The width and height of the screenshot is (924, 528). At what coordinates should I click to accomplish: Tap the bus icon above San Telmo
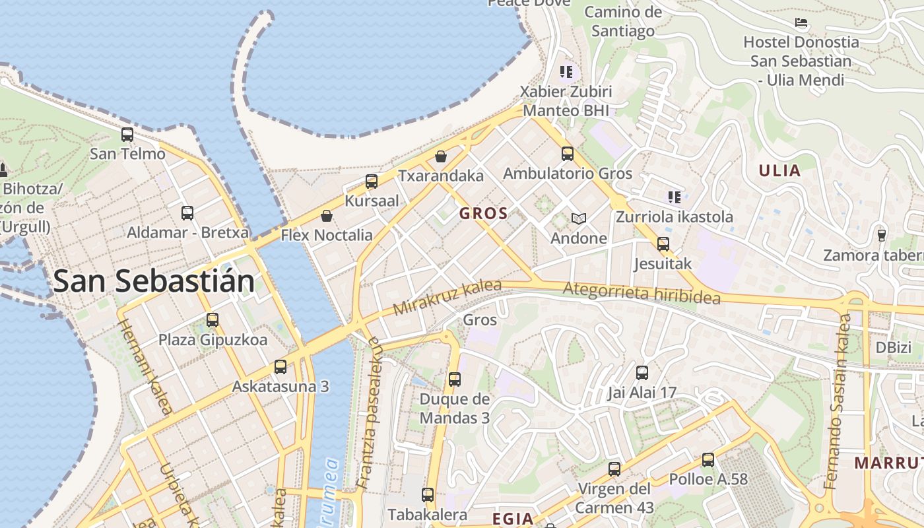coord(127,135)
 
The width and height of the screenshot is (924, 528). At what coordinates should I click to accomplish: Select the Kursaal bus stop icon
coord(372,181)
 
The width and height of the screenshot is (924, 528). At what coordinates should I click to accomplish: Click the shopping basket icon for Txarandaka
coord(441,156)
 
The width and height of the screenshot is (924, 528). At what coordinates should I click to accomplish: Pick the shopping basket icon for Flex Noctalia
coord(326,216)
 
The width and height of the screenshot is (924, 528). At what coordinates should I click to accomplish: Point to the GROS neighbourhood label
coord(484,213)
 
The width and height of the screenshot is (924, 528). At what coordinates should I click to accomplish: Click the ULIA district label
coord(779,171)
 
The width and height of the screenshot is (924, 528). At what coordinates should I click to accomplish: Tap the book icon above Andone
coord(579,218)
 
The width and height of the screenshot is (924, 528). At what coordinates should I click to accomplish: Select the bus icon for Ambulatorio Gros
coord(568,154)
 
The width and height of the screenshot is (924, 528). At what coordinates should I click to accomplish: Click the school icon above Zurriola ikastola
coord(674,197)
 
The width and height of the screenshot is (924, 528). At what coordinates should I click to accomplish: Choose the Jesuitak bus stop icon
coord(663,244)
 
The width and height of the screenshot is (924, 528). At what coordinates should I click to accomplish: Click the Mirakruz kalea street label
coord(447,298)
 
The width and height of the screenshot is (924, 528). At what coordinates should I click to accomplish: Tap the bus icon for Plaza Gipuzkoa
coord(213,320)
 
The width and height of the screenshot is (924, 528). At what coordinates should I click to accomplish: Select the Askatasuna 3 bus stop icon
coord(280,367)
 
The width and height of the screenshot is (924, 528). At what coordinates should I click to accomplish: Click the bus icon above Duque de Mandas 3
coord(455,379)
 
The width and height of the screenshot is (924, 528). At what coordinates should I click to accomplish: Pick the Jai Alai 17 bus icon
coord(642,373)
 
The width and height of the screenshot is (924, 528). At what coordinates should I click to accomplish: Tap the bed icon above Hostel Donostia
coord(801,23)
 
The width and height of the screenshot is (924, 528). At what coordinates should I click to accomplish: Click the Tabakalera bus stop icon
coord(428,495)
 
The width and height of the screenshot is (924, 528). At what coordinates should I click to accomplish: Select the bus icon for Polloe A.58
coord(708,460)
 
